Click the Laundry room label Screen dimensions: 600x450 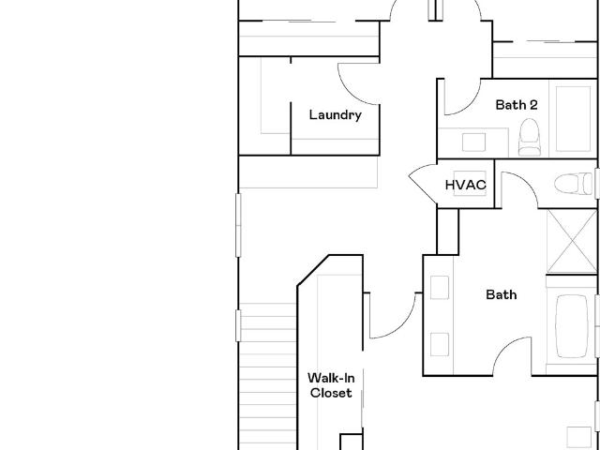[x=336, y=115]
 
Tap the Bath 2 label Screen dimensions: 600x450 [x=517, y=105]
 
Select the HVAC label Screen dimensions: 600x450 [x=466, y=185]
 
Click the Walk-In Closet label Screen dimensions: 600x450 [x=331, y=385]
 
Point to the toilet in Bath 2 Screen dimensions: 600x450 [x=529, y=137]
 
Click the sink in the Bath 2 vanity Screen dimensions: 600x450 [x=473, y=142]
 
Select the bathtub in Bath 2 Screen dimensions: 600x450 [x=573, y=119]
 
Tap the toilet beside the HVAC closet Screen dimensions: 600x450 [x=574, y=184]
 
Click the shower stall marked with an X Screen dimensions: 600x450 [x=572, y=242]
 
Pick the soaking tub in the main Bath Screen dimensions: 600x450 [x=572, y=326]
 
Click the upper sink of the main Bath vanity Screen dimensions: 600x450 [x=440, y=288]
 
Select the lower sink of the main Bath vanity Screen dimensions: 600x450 [x=440, y=344]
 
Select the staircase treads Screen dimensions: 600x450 [x=268, y=377]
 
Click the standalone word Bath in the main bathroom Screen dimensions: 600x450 [x=502, y=294]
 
